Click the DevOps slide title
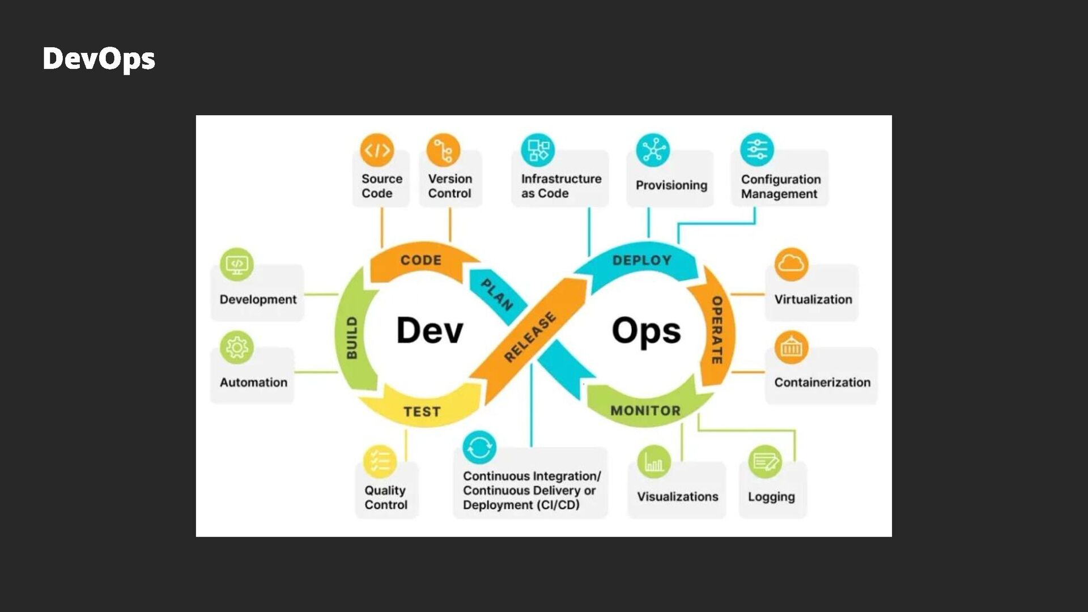click(99, 59)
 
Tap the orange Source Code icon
click(377, 150)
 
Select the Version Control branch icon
click(443, 150)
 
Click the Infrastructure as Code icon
click(538, 150)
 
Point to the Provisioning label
click(671, 185)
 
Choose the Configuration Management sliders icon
click(756, 150)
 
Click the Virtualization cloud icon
click(791, 264)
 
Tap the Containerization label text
click(822, 382)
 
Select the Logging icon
click(765, 462)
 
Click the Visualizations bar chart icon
click(654, 462)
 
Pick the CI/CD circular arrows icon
click(479, 448)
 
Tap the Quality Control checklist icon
click(380, 462)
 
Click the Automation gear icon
click(236, 347)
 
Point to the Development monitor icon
click(236, 264)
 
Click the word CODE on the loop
click(420, 260)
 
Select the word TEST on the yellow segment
click(422, 411)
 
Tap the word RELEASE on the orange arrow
click(530, 337)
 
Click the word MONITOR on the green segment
click(645, 410)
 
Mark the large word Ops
click(646, 331)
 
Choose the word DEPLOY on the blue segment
click(641, 260)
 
